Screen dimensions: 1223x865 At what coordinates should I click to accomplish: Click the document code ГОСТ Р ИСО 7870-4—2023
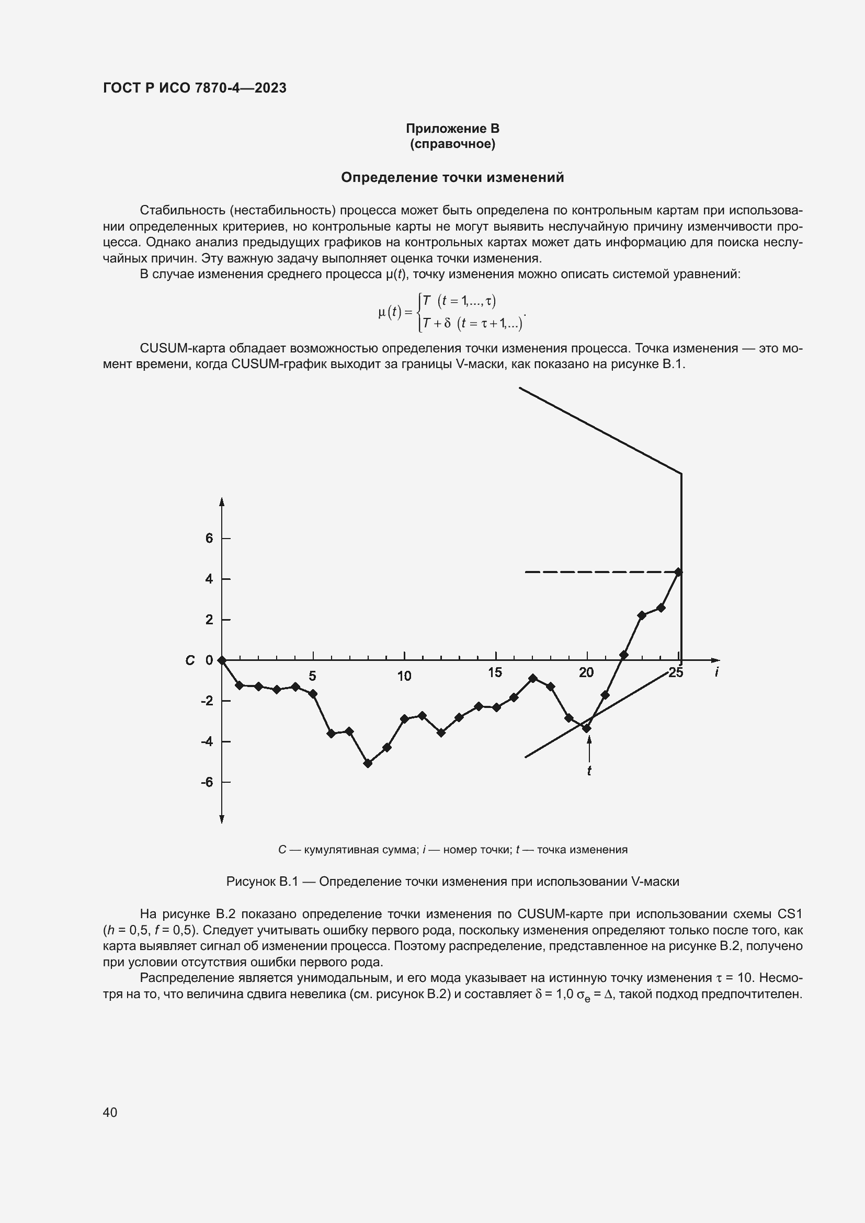tap(195, 88)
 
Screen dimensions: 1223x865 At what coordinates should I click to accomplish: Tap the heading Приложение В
tap(452, 129)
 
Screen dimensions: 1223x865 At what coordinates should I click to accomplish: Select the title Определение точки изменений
tap(452, 177)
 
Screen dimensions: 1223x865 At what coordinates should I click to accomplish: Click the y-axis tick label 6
tap(209, 539)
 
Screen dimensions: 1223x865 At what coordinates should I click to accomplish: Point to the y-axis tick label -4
tap(207, 741)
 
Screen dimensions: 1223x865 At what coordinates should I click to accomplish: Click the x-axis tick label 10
tap(404, 676)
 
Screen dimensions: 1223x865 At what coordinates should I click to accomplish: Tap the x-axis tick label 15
tap(495, 673)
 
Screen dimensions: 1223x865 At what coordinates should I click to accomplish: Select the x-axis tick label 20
tap(586, 673)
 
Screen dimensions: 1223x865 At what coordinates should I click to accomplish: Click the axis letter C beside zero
tap(190, 660)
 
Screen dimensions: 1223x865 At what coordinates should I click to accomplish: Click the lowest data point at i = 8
tap(368, 763)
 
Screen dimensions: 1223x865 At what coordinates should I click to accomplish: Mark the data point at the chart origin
tap(222, 660)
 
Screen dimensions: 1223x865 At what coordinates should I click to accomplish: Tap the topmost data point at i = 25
tap(678, 572)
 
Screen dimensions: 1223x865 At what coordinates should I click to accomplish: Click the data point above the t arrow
tap(587, 728)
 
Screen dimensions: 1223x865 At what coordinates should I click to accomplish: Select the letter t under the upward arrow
tap(589, 771)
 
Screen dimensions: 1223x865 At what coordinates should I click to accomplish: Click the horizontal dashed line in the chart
tap(597, 572)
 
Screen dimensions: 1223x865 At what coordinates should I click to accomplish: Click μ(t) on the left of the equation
tap(390, 312)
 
